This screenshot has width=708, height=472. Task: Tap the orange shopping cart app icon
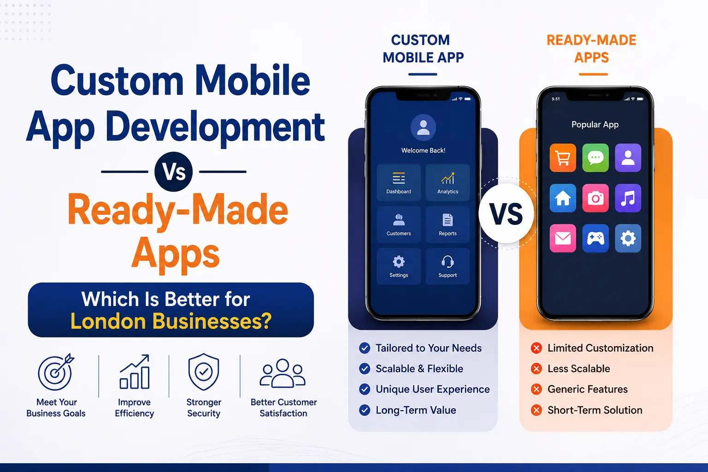(563, 158)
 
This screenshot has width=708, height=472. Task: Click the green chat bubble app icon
(596, 158)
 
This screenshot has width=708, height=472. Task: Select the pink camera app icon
(596, 198)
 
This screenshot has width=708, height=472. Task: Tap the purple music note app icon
(628, 198)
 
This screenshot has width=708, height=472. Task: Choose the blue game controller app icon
(596, 238)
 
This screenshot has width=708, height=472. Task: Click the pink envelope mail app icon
(563, 238)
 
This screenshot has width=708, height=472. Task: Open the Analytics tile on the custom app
(448, 183)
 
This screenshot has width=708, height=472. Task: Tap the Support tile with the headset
(448, 266)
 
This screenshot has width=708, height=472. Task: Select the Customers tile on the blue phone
(399, 224)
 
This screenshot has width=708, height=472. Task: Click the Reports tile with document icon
(448, 224)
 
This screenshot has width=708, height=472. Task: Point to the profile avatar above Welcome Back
(423, 128)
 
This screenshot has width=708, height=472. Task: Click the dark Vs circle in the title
(173, 172)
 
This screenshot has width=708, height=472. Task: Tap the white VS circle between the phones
(507, 213)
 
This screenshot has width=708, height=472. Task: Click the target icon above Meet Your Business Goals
(56, 372)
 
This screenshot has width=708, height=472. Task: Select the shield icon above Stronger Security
(204, 372)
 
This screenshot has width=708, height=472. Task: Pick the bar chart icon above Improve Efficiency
(134, 372)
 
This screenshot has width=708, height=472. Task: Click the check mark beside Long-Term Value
(365, 410)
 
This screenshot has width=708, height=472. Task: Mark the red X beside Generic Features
(537, 389)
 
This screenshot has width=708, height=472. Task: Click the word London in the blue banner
(108, 321)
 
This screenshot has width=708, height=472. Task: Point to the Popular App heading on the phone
(595, 124)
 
